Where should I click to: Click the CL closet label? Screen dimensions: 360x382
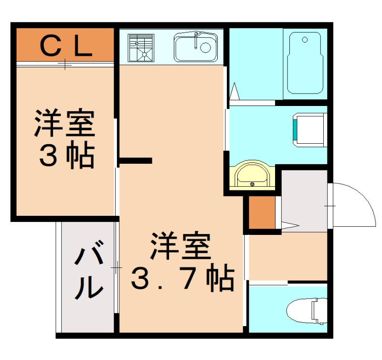click(x=65, y=47)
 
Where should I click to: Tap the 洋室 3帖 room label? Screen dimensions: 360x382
click(x=64, y=139)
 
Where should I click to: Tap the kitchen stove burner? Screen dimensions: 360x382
click(x=141, y=47)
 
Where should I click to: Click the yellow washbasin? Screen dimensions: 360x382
click(x=252, y=176)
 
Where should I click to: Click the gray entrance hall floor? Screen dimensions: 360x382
click(x=303, y=201)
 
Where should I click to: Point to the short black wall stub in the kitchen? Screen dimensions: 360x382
click(x=136, y=160)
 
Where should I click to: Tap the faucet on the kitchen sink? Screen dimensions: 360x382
click(x=196, y=41)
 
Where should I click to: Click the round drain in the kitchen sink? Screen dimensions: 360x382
click(x=205, y=47)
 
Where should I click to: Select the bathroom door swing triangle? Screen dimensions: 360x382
click(x=234, y=90)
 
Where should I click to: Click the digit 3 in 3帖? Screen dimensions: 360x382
click(x=47, y=155)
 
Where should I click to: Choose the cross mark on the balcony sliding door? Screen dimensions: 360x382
click(x=116, y=268)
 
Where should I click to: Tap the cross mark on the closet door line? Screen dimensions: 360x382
click(x=65, y=64)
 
